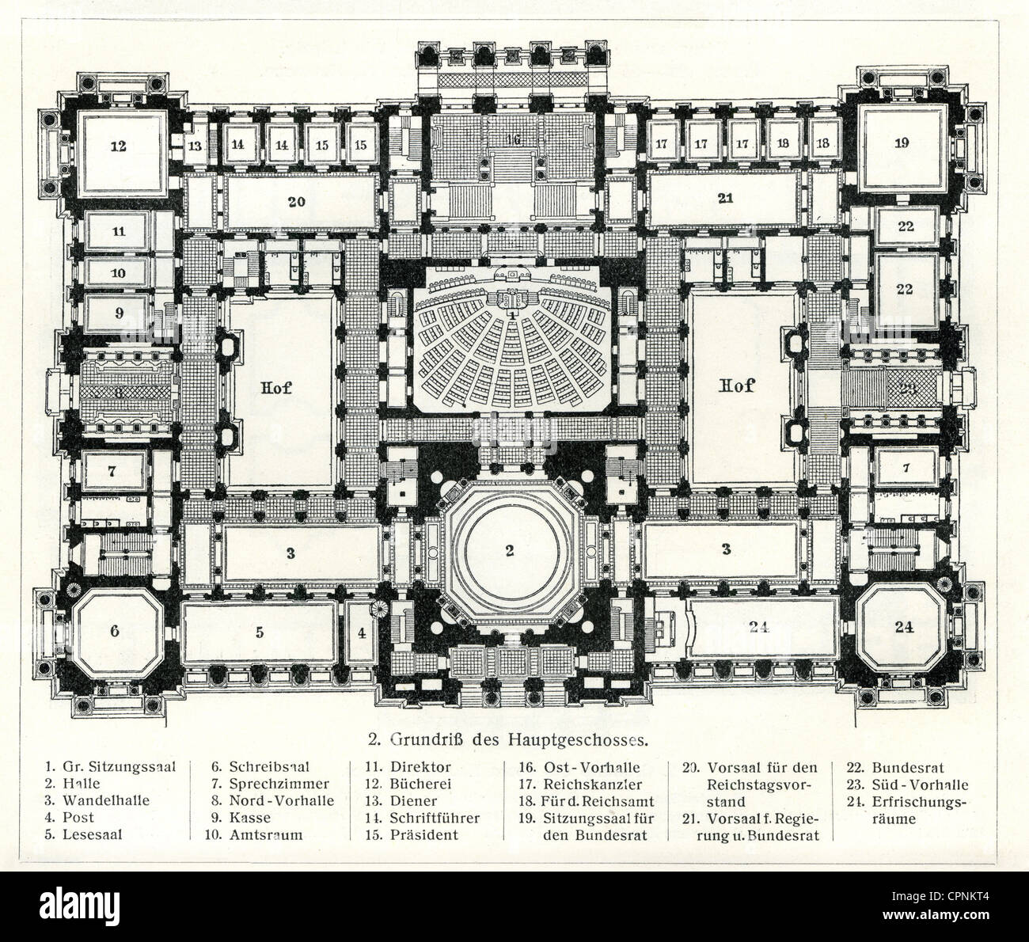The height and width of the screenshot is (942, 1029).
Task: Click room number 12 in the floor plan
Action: coord(119,146)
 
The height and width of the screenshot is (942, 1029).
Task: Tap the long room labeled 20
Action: coord(296,202)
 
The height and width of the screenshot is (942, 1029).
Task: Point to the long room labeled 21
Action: coord(725,199)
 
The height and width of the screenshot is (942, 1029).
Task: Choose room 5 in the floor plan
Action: coord(259,632)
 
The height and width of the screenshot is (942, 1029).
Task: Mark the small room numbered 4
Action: coord(362,632)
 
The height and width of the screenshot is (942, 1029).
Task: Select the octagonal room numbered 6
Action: coord(116,631)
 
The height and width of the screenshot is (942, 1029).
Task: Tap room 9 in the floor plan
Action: coord(119,313)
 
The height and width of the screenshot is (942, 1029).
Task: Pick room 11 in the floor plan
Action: coord(119,232)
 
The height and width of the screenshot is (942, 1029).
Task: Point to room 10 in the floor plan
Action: coord(119,272)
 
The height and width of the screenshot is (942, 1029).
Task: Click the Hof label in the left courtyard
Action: coord(275,388)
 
